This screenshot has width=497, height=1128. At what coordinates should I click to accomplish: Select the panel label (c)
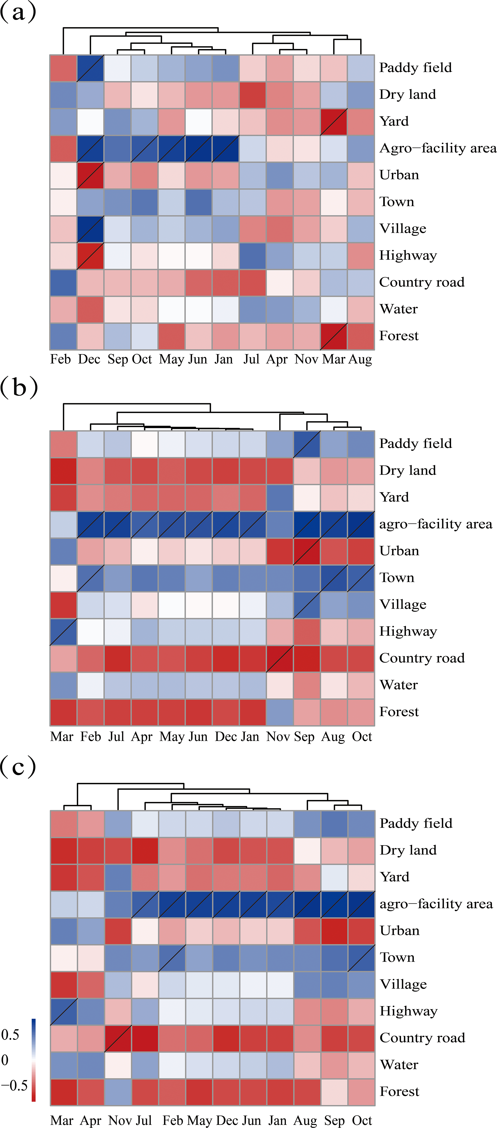coord(18,767)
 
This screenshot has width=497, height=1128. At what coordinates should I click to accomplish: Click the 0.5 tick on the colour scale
coord(11,1035)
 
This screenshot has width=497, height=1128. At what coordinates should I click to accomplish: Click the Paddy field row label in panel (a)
coord(415,68)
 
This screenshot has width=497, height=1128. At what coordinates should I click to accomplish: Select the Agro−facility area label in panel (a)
coord(437,148)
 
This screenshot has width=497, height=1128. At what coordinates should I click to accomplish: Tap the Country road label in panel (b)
coord(422,658)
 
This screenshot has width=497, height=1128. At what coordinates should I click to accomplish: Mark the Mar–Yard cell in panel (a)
coord(334,122)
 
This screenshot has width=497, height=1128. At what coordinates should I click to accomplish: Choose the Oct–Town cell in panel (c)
coord(361,958)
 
